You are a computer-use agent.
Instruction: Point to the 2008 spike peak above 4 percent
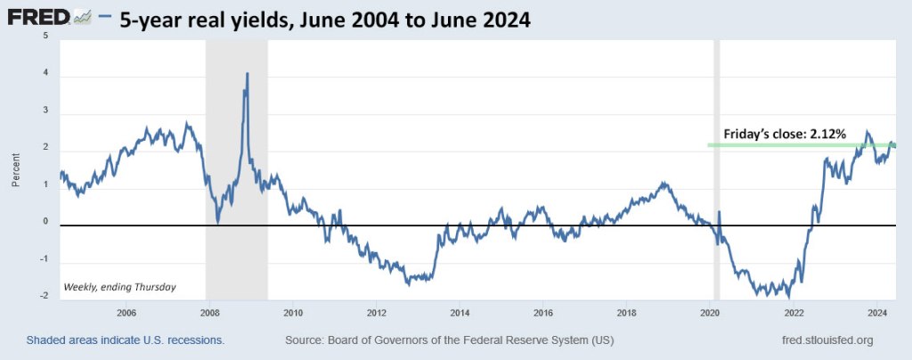tap(247, 74)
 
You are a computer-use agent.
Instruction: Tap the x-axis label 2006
tap(126, 313)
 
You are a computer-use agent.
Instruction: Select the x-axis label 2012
tap(376, 313)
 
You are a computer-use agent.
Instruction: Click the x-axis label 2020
tap(710, 313)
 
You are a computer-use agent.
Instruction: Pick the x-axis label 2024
tap(877, 313)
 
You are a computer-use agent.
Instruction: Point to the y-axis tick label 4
tap(45, 77)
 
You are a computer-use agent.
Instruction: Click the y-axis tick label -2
tap(45, 296)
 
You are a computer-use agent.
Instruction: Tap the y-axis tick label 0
tap(45, 223)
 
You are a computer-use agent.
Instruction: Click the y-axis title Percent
tap(15, 168)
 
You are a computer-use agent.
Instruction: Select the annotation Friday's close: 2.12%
tap(791, 133)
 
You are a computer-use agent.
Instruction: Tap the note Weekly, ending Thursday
tap(119, 287)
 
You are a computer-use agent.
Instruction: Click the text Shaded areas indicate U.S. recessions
tap(125, 340)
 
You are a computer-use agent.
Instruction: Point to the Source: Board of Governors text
tap(449, 340)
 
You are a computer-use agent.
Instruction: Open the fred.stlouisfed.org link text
tap(826, 340)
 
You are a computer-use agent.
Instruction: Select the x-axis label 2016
tap(543, 313)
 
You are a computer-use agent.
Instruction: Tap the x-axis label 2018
tap(627, 313)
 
